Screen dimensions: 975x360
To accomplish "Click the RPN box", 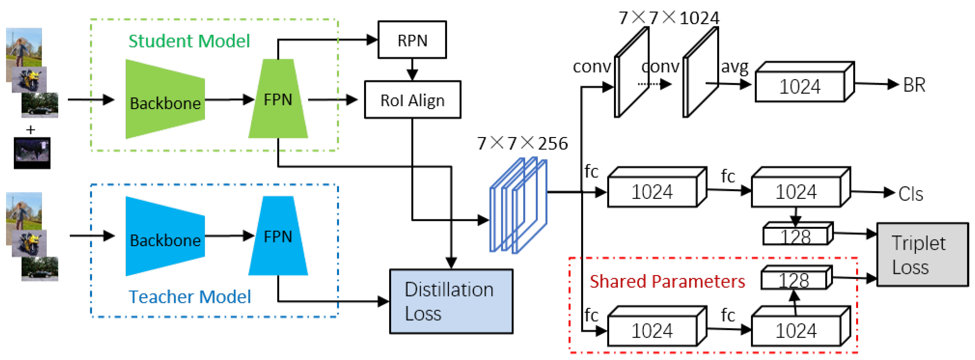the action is pos(412,40).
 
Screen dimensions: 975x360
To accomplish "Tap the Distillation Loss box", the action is pos(451,301).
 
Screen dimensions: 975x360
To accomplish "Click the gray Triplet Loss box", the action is pos(923,254).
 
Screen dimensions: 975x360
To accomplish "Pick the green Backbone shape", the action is pos(165,99).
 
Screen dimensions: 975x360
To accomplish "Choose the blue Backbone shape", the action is pos(165,236).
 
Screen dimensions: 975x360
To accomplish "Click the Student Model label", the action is pos(189,41).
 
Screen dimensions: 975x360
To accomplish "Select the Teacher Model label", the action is pos(190,297).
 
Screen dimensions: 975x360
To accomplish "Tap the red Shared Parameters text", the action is pos(667,281).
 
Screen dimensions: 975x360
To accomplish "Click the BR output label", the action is pos(914,85).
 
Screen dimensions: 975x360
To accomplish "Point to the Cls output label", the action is pos(911,194).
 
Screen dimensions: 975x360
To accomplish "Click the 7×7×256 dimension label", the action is pos(522,143).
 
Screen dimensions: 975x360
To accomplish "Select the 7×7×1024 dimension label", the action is pos(669,18).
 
